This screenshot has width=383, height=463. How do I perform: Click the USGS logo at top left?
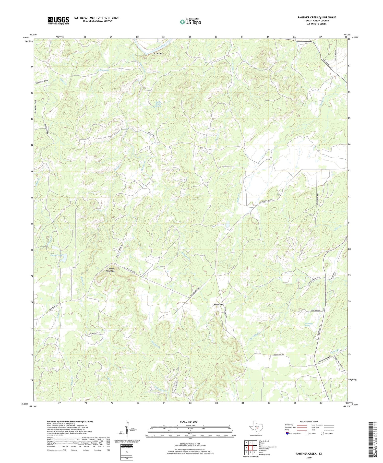coord(58,20)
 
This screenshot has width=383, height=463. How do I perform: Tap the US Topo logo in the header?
coord(190,22)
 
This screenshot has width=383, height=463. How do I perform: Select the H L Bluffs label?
coord(158,54)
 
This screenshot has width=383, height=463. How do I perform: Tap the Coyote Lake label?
coord(56,255)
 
